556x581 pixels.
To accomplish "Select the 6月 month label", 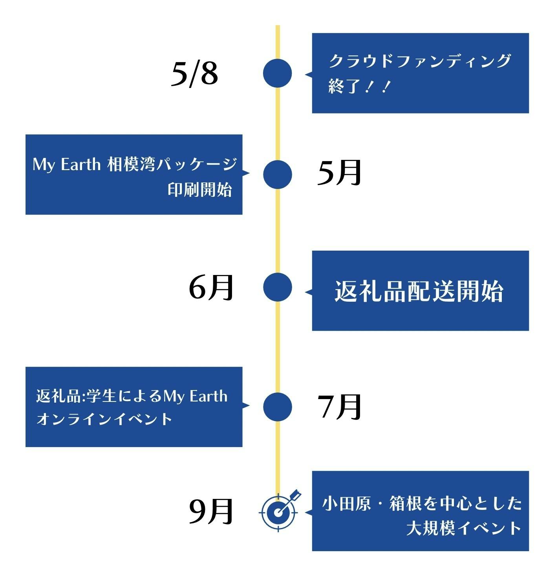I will coord(211,287).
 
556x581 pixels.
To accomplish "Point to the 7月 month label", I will coord(339,407).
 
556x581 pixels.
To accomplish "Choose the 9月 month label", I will coord(211,511).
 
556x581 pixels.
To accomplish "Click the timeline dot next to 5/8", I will coord(278,73).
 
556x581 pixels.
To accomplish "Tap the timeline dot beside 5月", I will coord(278,175).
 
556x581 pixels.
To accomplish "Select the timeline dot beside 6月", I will coord(278,287).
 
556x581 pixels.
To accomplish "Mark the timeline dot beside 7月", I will coord(278,407).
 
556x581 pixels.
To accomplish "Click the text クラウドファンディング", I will coord(419,61).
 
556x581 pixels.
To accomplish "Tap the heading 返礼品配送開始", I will coord(419,291).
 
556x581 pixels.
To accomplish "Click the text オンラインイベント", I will coord(104,419).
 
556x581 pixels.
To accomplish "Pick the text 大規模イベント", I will coord(464,528).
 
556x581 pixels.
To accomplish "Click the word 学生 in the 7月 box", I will coord(102,396).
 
